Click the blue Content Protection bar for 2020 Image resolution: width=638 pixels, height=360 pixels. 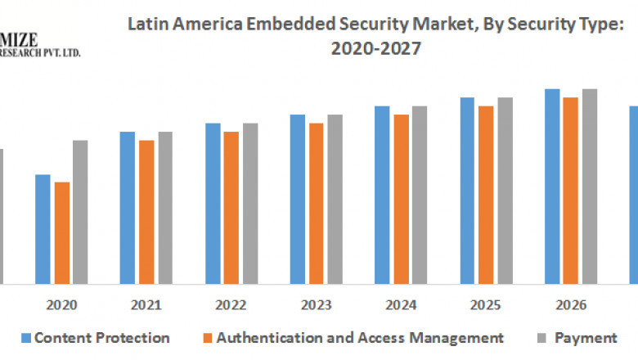pyautogui.click(x=42, y=229)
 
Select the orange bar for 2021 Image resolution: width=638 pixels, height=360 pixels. pyautogui.click(x=146, y=212)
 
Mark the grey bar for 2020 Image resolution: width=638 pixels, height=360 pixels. pyautogui.click(x=80, y=212)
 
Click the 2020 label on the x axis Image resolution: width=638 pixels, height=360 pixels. pyautogui.click(x=61, y=305)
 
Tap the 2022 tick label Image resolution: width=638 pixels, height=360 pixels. pyautogui.click(x=231, y=305)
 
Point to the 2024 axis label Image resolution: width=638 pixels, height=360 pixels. pyautogui.click(x=401, y=305)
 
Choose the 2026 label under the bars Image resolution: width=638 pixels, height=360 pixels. pyautogui.click(x=571, y=305)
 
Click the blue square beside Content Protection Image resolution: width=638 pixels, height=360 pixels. pyautogui.click(x=25, y=338)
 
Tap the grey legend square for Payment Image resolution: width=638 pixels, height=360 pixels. pyautogui.click(x=543, y=338)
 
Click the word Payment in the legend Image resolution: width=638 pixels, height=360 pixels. pyautogui.click(x=586, y=337)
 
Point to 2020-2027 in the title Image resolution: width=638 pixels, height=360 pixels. pyautogui.click(x=375, y=48)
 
